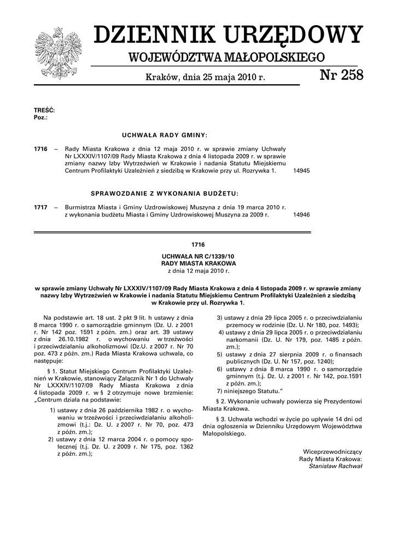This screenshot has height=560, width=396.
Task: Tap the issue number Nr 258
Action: tap(341, 76)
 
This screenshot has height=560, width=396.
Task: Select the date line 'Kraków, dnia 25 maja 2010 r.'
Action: tap(205, 78)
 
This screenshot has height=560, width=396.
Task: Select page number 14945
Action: tap(302, 171)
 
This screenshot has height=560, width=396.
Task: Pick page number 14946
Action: tap(302, 215)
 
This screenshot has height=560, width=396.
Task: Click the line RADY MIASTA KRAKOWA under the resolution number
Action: tap(198, 263)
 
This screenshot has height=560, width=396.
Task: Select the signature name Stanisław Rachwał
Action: tap(335, 466)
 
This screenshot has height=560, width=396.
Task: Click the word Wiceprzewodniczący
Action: tap(333, 451)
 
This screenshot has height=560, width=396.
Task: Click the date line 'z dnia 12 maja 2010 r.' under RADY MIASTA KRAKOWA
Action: tap(198, 270)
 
